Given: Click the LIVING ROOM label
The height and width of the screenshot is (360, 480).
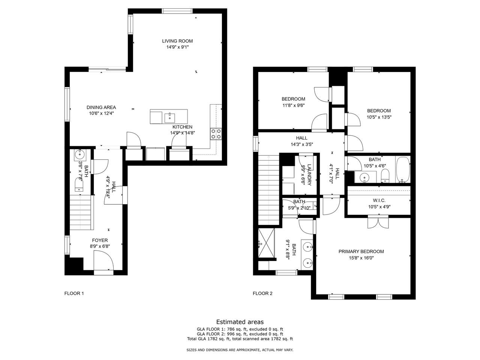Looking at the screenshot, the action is (x=177, y=41).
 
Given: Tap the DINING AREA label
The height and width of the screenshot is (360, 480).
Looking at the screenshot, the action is (x=101, y=107).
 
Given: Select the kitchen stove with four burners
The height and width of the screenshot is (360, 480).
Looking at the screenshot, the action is (x=216, y=134).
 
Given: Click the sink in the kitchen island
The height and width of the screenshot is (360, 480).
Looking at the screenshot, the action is (x=170, y=118).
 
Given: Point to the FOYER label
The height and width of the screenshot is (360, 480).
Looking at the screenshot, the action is (x=100, y=240).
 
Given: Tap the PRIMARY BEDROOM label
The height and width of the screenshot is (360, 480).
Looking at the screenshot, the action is (x=361, y=251).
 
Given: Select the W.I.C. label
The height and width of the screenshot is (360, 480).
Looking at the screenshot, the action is (x=379, y=200).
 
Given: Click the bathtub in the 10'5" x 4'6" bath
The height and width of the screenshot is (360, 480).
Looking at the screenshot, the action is (x=403, y=169).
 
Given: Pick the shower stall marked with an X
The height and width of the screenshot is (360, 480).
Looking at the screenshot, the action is (x=266, y=243).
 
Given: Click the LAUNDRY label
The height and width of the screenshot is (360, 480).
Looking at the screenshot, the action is (x=309, y=175).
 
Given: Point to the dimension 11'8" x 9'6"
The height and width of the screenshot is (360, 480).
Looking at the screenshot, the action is (x=294, y=105).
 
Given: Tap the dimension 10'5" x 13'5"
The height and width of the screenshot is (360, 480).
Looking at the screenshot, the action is (x=379, y=117).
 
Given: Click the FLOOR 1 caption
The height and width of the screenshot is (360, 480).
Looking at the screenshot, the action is (x=74, y=293).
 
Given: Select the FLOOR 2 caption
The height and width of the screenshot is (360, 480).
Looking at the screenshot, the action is (x=262, y=293).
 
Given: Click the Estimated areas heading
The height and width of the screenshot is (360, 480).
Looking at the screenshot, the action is (x=240, y=322).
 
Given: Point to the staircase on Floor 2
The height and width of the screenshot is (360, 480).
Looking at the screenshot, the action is (x=269, y=190).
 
